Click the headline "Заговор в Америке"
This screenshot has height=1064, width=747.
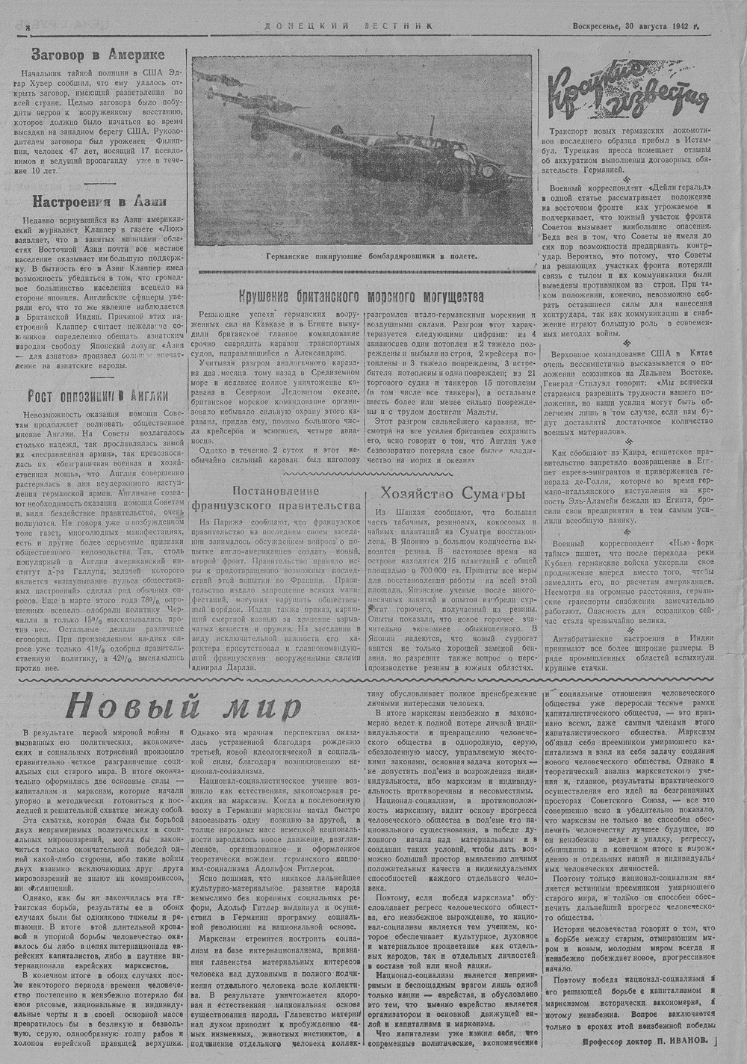point(98,54)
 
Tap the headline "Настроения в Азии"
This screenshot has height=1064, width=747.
point(99,201)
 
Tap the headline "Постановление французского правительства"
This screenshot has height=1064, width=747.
point(276,498)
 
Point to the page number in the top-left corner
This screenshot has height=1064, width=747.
point(28,26)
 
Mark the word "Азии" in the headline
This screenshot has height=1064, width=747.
point(149,201)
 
